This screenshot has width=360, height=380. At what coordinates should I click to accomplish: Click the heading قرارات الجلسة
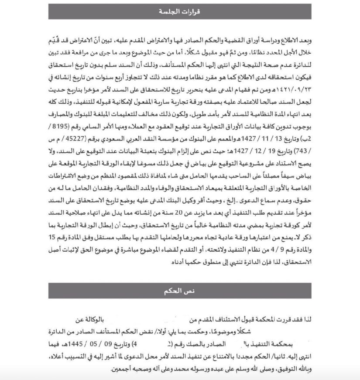pos(180,12)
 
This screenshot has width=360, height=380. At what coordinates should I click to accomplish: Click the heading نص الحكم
pos(180,291)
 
